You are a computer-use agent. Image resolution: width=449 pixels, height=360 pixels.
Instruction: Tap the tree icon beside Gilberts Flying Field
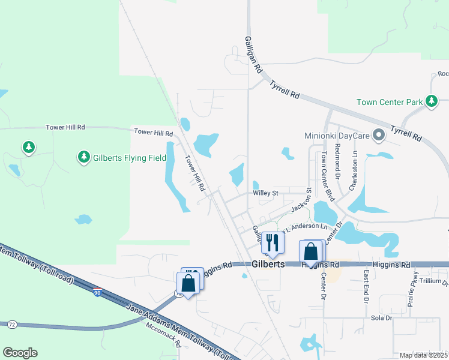point(83,157)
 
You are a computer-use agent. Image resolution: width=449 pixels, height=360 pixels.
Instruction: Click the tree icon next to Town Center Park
point(431,101)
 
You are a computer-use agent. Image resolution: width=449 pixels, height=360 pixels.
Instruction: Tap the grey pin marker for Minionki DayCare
point(379,135)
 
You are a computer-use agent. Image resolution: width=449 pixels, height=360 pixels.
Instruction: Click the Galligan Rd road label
point(254,54)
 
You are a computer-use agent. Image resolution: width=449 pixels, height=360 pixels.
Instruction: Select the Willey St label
point(266,193)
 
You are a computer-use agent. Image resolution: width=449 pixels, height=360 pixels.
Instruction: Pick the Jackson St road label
point(302,200)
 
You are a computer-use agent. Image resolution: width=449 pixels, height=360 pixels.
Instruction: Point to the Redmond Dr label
point(338,162)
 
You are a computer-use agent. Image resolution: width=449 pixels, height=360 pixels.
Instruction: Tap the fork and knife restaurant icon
point(271,242)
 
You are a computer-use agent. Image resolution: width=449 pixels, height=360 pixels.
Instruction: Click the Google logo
point(20,353)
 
